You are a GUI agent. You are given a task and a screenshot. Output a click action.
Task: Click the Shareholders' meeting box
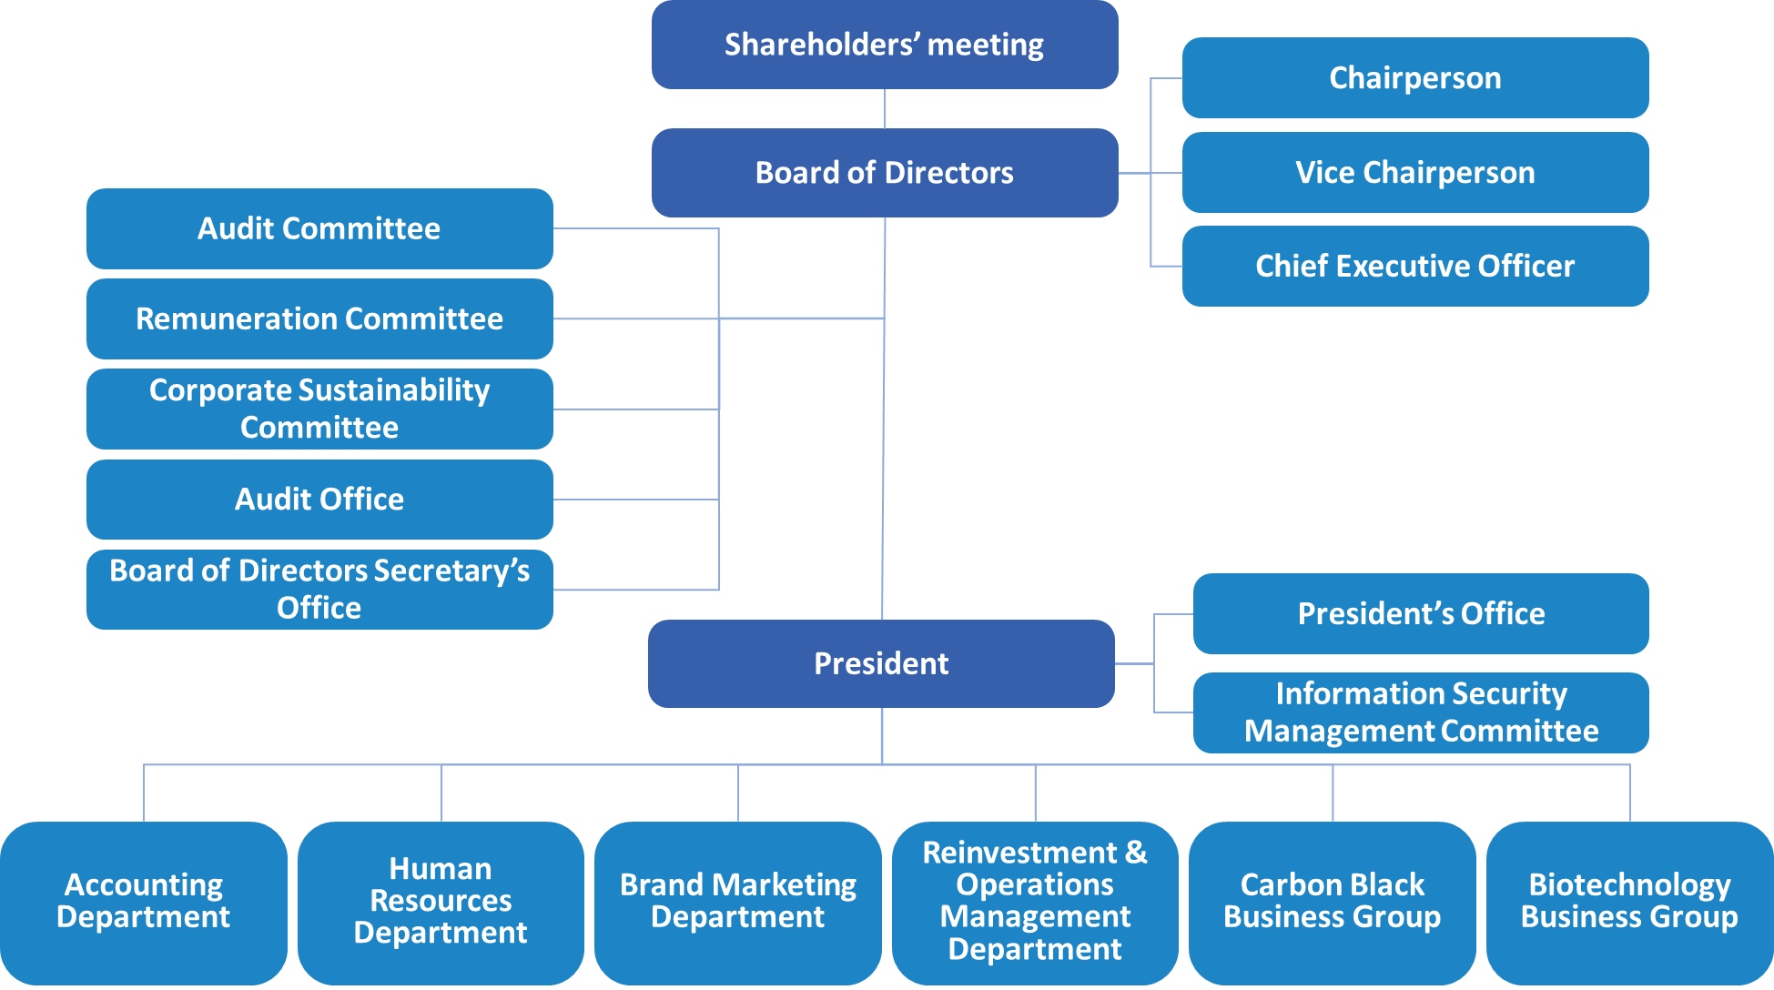tap(885, 45)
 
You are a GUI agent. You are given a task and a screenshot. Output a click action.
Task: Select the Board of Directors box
tap(885, 173)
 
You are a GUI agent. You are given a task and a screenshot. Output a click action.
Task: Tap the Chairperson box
tap(1415, 77)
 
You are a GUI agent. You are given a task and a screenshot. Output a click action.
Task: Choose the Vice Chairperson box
tap(1415, 172)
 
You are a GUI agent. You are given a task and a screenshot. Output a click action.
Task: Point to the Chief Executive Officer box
tap(1415, 266)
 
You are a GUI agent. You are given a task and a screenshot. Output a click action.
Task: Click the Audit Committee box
tap(319, 228)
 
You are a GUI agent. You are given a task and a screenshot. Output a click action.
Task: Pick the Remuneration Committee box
tap(319, 318)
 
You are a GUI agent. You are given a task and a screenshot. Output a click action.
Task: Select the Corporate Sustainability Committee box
tap(319, 409)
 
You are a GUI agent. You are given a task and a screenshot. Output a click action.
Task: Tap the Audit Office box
tap(319, 500)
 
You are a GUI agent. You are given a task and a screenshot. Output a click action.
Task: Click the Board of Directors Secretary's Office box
tap(319, 590)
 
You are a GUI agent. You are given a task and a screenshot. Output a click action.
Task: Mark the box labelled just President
tap(881, 663)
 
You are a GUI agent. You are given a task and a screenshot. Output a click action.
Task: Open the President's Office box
tap(1421, 613)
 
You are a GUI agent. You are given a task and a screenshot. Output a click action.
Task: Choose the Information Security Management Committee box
tap(1421, 712)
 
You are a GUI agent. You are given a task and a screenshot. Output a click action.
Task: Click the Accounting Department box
tap(144, 903)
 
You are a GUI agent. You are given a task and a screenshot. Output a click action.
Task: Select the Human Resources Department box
tap(441, 903)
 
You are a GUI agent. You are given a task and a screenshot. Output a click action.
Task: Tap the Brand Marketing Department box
tap(738, 903)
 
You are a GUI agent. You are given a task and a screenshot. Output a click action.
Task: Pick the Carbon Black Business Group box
tap(1333, 903)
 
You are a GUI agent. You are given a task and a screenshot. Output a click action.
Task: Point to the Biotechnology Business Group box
tap(1630, 903)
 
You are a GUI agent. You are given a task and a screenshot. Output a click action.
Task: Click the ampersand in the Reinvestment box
tap(1136, 853)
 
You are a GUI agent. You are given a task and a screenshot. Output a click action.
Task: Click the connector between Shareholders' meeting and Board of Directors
tap(885, 109)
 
